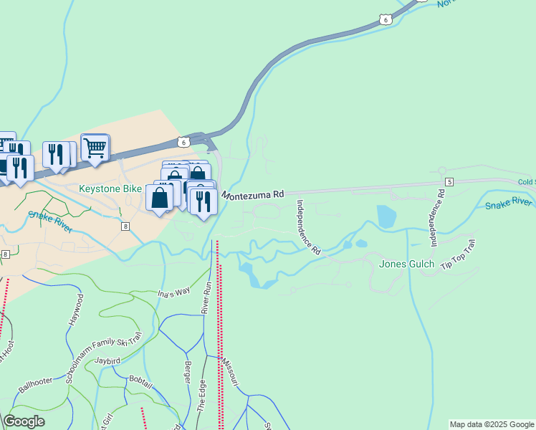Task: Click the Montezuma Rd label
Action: click(x=253, y=194)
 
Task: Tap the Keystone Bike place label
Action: click(x=110, y=188)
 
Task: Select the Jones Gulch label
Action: click(x=406, y=264)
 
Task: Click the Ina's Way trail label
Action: click(x=173, y=292)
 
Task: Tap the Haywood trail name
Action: click(x=76, y=310)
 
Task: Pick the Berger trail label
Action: click(x=188, y=373)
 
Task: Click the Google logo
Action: click(x=24, y=421)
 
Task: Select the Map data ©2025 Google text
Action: click(x=492, y=424)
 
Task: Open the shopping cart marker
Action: click(x=95, y=148)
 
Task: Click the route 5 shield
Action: click(x=449, y=181)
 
